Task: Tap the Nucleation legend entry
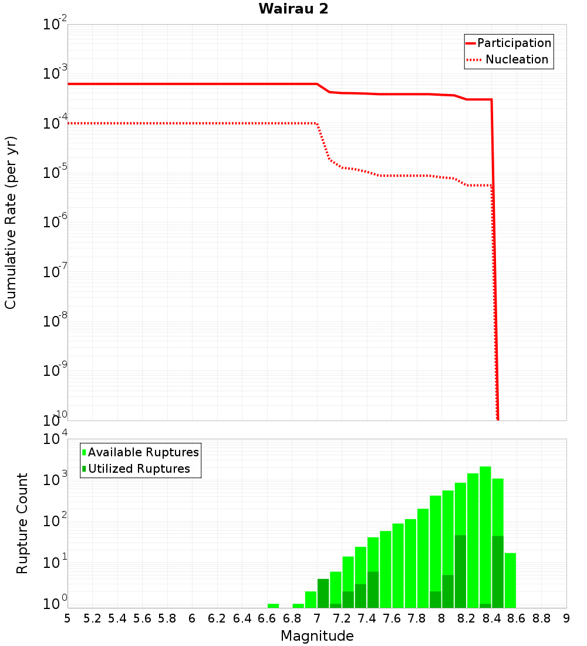(517, 60)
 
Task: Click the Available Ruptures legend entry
(143, 453)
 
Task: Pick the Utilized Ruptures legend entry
(139, 469)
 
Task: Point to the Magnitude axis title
(317, 636)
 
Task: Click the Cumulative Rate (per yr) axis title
(11, 223)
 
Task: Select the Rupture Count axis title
(22, 523)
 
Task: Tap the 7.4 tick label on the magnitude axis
(367, 618)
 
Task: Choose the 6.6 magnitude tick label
(267, 618)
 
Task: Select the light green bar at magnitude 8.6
(510, 580)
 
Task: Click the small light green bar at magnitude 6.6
(273, 605)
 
